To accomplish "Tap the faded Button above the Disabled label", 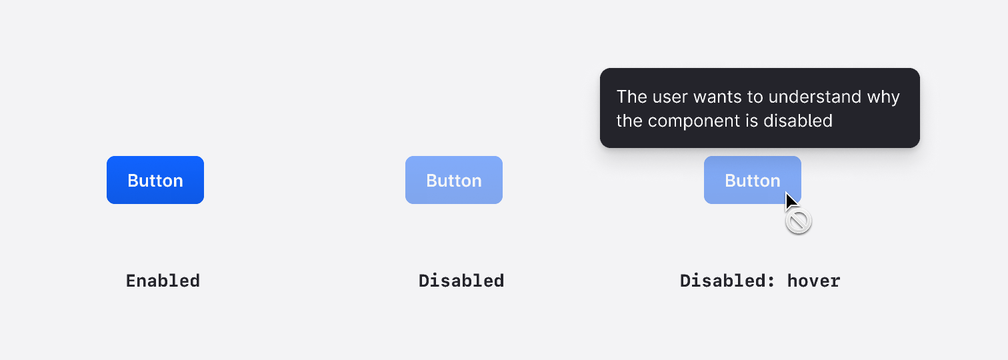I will click(453, 180).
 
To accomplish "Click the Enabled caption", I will click(163, 281).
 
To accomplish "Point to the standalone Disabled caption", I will click(461, 281).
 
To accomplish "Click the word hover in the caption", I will click(813, 281).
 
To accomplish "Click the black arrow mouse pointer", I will click(790, 201).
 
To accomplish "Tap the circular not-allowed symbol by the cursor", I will click(798, 221).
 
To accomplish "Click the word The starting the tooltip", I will click(631, 97).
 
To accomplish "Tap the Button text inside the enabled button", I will click(155, 181).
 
